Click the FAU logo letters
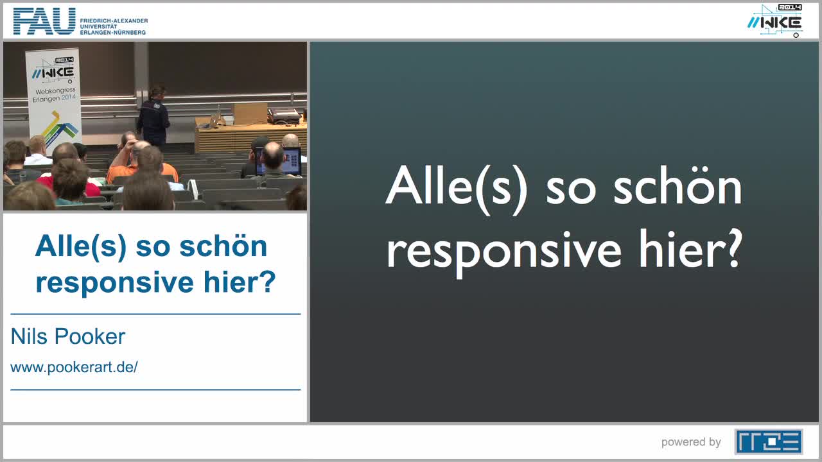[44, 22]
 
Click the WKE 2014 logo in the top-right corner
[775, 21]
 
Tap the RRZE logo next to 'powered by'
[768, 441]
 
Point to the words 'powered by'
[691, 442]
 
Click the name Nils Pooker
[68, 336]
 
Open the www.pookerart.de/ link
[74, 368]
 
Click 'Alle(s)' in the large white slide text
[457, 186]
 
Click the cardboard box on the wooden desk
[250, 114]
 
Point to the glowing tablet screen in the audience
[290, 160]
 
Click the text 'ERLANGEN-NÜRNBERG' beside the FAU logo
[113, 32]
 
